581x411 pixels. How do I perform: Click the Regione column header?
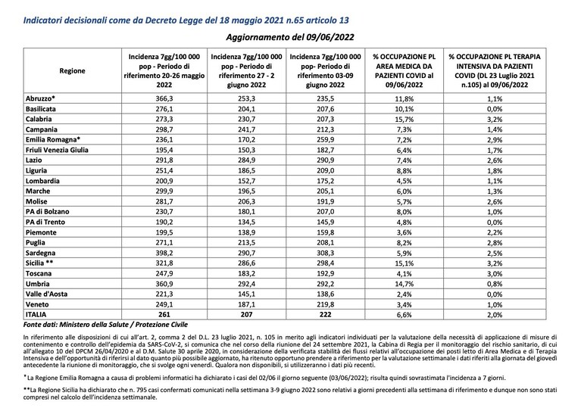(x=72, y=70)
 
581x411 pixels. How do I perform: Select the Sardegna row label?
(x=40, y=253)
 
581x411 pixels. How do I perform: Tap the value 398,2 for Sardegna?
(x=164, y=253)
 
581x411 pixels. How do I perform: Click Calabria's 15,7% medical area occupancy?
(x=404, y=120)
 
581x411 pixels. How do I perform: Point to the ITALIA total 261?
(x=164, y=314)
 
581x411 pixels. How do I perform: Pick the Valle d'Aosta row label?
(x=46, y=294)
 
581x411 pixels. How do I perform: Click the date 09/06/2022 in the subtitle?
(x=330, y=37)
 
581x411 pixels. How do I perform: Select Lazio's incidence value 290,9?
(x=325, y=160)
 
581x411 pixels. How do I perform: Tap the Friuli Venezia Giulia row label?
(x=57, y=150)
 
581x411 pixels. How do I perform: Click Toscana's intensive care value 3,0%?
(x=495, y=274)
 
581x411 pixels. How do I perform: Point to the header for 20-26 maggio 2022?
(x=164, y=70)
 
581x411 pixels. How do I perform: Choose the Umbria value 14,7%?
(x=404, y=284)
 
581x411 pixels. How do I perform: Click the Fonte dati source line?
(x=105, y=325)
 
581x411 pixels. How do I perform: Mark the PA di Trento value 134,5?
(x=246, y=223)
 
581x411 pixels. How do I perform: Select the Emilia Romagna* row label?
(x=53, y=139)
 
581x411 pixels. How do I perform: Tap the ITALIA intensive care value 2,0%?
(x=495, y=315)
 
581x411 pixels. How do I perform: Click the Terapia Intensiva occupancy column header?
(x=495, y=70)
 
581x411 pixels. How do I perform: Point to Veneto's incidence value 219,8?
(x=325, y=304)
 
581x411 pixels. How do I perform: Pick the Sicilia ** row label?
(x=39, y=263)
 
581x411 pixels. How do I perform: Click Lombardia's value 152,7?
(x=246, y=181)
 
